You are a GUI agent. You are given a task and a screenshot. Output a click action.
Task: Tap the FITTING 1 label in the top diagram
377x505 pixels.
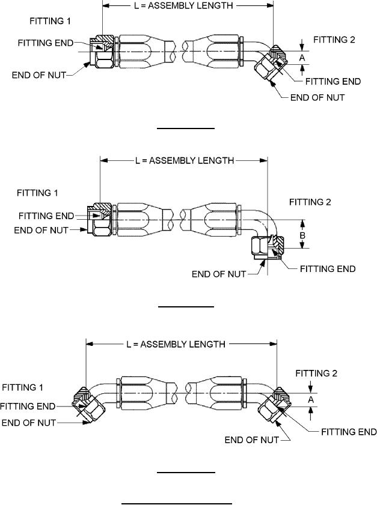tap(50, 21)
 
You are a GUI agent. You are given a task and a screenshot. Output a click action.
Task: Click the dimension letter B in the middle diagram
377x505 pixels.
tap(302, 237)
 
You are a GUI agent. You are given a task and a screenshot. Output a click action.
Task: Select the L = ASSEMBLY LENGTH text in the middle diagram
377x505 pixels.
tap(183, 161)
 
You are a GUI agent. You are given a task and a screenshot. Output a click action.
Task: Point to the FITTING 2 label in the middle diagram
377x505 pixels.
tap(310, 202)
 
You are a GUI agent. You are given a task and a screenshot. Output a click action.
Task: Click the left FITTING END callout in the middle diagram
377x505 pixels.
tap(46, 216)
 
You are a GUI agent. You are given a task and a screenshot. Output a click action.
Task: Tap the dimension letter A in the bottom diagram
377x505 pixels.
tap(310, 399)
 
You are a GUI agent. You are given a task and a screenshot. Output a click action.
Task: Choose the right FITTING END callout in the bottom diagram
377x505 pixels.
tap(349, 432)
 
